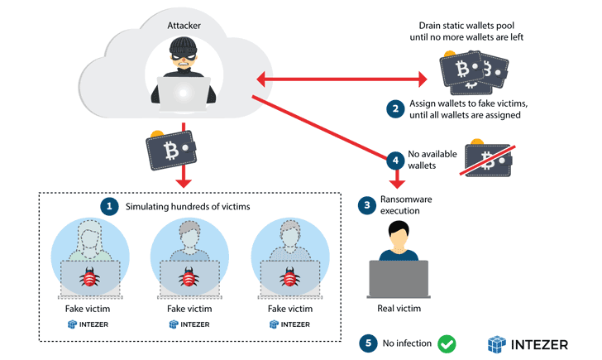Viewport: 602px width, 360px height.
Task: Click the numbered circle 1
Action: [108, 205]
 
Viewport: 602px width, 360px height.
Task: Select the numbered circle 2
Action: [395, 108]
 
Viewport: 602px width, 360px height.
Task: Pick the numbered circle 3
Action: [365, 204]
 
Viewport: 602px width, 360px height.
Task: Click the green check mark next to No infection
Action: [447, 343]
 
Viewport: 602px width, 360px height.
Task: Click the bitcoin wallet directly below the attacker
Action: [173, 150]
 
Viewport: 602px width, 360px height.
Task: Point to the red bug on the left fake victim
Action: [88, 277]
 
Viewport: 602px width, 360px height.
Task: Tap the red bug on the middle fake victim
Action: [189, 277]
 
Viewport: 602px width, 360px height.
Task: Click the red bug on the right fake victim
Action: [289, 277]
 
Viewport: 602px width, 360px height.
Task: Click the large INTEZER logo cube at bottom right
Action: [497, 343]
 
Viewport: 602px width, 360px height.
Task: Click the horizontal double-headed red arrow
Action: [341, 79]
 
